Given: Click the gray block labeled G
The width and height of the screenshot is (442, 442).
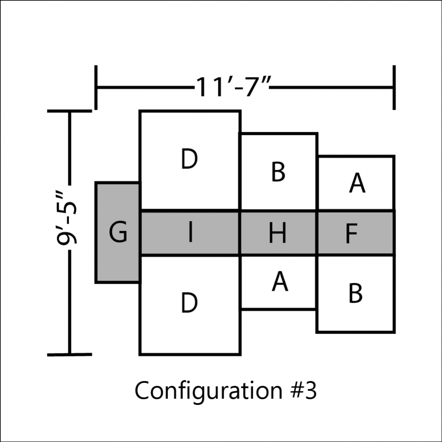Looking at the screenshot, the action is (x=118, y=232).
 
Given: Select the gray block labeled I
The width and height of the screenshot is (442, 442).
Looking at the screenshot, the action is (x=190, y=233).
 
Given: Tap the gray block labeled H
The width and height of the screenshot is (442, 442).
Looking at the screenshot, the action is (x=278, y=233).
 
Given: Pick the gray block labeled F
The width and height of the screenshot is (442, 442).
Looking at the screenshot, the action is (x=356, y=233).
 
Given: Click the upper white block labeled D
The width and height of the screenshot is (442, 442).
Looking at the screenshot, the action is (x=190, y=161).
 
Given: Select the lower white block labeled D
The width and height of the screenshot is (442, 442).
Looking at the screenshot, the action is (x=190, y=305).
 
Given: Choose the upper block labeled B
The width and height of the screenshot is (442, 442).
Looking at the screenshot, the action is (x=278, y=171).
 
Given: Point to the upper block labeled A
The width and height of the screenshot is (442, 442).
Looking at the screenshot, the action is (x=356, y=183).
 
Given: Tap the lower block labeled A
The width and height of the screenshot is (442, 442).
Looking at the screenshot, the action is (x=278, y=282).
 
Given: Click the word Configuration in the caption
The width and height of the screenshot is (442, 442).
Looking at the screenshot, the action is (x=209, y=390).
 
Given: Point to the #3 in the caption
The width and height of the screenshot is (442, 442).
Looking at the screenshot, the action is (x=304, y=390).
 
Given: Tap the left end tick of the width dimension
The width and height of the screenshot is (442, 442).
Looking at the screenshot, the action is (x=96, y=88).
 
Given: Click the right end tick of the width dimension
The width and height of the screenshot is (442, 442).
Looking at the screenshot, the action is (x=394, y=88).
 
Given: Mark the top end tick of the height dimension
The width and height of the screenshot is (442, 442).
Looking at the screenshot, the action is (x=70, y=111).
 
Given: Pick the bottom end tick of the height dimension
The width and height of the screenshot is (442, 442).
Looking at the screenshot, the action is (x=70, y=354).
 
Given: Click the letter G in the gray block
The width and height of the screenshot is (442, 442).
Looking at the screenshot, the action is (x=118, y=232).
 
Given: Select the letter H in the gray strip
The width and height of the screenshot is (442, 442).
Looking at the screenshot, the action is (x=278, y=232).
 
